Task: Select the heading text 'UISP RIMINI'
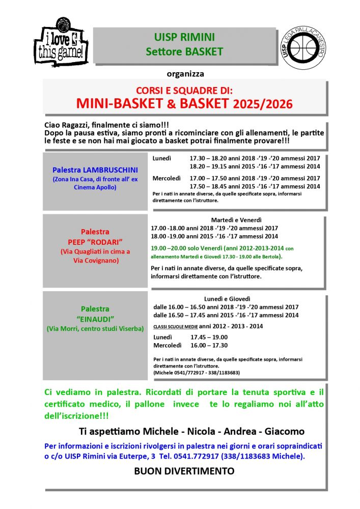point(184,37)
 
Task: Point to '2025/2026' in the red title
point(263,104)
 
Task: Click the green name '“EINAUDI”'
point(95,319)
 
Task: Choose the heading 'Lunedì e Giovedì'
point(227,298)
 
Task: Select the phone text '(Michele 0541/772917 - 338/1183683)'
point(196,373)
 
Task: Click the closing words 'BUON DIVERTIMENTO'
point(184,471)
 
